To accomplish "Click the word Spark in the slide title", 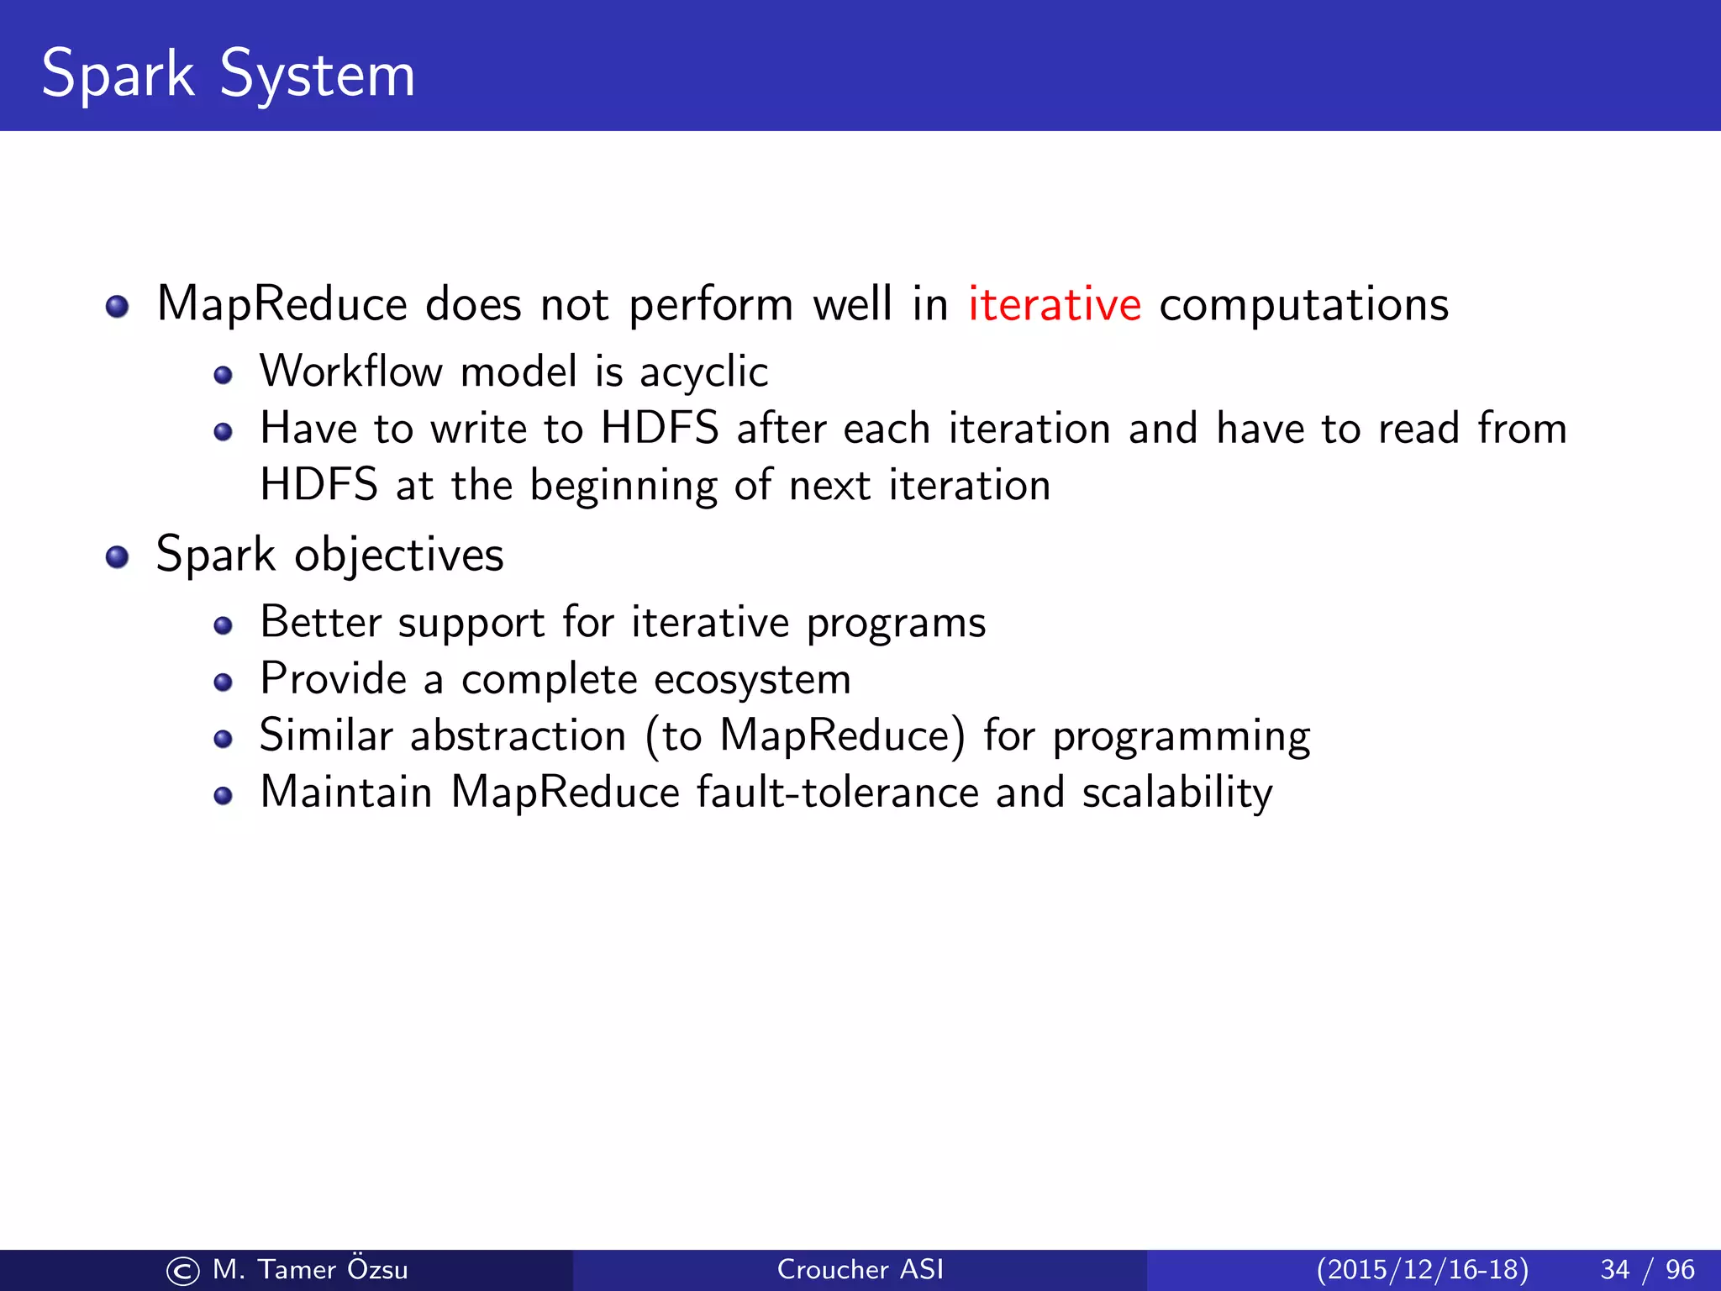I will (118, 76).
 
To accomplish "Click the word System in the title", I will (318, 76).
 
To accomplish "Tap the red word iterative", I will (1054, 304).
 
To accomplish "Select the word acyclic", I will (703, 372).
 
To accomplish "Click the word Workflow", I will (350, 371).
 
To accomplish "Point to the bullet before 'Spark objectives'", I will (117, 557).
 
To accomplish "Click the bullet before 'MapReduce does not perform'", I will (117, 307).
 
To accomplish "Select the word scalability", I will (1176, 793).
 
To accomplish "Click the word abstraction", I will (518, 736).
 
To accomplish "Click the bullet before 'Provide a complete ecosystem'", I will (223, 682).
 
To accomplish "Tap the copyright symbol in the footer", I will (183, 1271).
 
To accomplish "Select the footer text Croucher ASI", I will (860, 1269).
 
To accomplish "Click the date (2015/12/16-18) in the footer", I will (1422, 1269).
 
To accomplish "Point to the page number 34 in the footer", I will (1615, 1269).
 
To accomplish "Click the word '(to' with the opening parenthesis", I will (673, 736).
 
